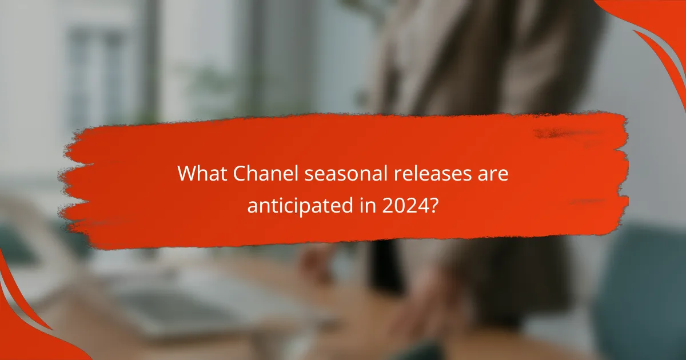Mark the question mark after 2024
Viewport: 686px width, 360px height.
pyautogui.click(x=435, y=204)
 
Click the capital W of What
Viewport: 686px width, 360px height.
pyautogui.click(x=185, y=174)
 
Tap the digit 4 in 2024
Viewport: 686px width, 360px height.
pyautogui.click(x=423, y=204)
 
